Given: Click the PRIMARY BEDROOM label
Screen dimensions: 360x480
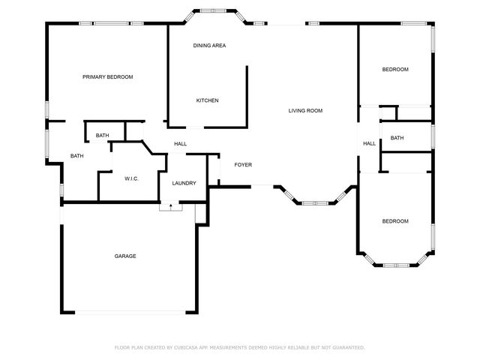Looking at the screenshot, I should [x=108, y=76].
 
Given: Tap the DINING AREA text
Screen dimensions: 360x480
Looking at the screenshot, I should [x=209, y=46].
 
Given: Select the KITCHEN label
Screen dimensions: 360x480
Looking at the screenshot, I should [x=207, y=100].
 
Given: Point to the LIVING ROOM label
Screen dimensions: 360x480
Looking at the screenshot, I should [x=305, y=111].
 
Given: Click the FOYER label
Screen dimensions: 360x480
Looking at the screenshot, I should [x=243, y=165].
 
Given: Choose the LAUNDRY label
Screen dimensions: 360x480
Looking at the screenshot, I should [x=184, y=183].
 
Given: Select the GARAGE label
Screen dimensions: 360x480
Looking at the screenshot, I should [x=125, y=256].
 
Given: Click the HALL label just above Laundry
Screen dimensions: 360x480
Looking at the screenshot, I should [x=180, y=144].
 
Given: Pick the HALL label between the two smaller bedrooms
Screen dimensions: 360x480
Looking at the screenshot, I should [x=369, y=144].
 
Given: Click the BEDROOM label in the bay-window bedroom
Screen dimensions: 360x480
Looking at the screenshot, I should [x=395, y=221].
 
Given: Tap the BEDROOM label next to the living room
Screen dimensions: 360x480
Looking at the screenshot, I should [x=395, y=70].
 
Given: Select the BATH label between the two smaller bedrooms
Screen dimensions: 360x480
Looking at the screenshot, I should [x=397, y=138].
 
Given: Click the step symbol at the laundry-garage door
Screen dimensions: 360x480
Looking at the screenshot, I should [x=170, y=206].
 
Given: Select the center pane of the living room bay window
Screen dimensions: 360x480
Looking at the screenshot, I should [x=315, y=202].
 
